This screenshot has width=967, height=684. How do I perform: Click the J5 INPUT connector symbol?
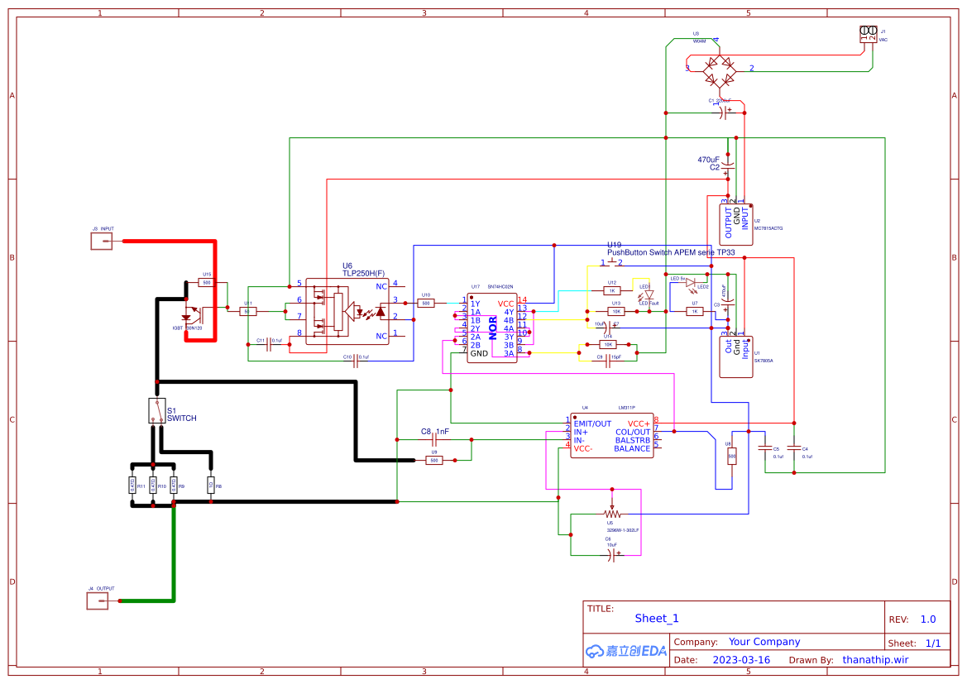[102, 241]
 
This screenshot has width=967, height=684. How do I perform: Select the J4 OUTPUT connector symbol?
[98, 601]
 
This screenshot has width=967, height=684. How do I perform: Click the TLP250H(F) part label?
[363, 273]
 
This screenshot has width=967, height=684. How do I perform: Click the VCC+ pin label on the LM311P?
[639, 423]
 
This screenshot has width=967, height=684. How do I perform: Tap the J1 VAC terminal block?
[869, 34]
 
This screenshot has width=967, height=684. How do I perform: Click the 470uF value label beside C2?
[708, 160]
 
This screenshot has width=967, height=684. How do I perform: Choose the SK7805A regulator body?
[735, 356]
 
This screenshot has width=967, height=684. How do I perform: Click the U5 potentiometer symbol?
[612, 513]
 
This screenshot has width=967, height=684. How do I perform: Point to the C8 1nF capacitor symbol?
[433, 440]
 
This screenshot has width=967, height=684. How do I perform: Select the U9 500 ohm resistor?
[433, 460]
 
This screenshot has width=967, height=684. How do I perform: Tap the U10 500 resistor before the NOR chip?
[426, 304]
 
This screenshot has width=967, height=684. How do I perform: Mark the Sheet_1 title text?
[657, 618]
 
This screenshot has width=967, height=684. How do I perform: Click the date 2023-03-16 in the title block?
[740, 660]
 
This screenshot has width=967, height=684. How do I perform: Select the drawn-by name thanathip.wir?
[875, 660]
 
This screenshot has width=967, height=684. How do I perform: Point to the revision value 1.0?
[927, 619]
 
